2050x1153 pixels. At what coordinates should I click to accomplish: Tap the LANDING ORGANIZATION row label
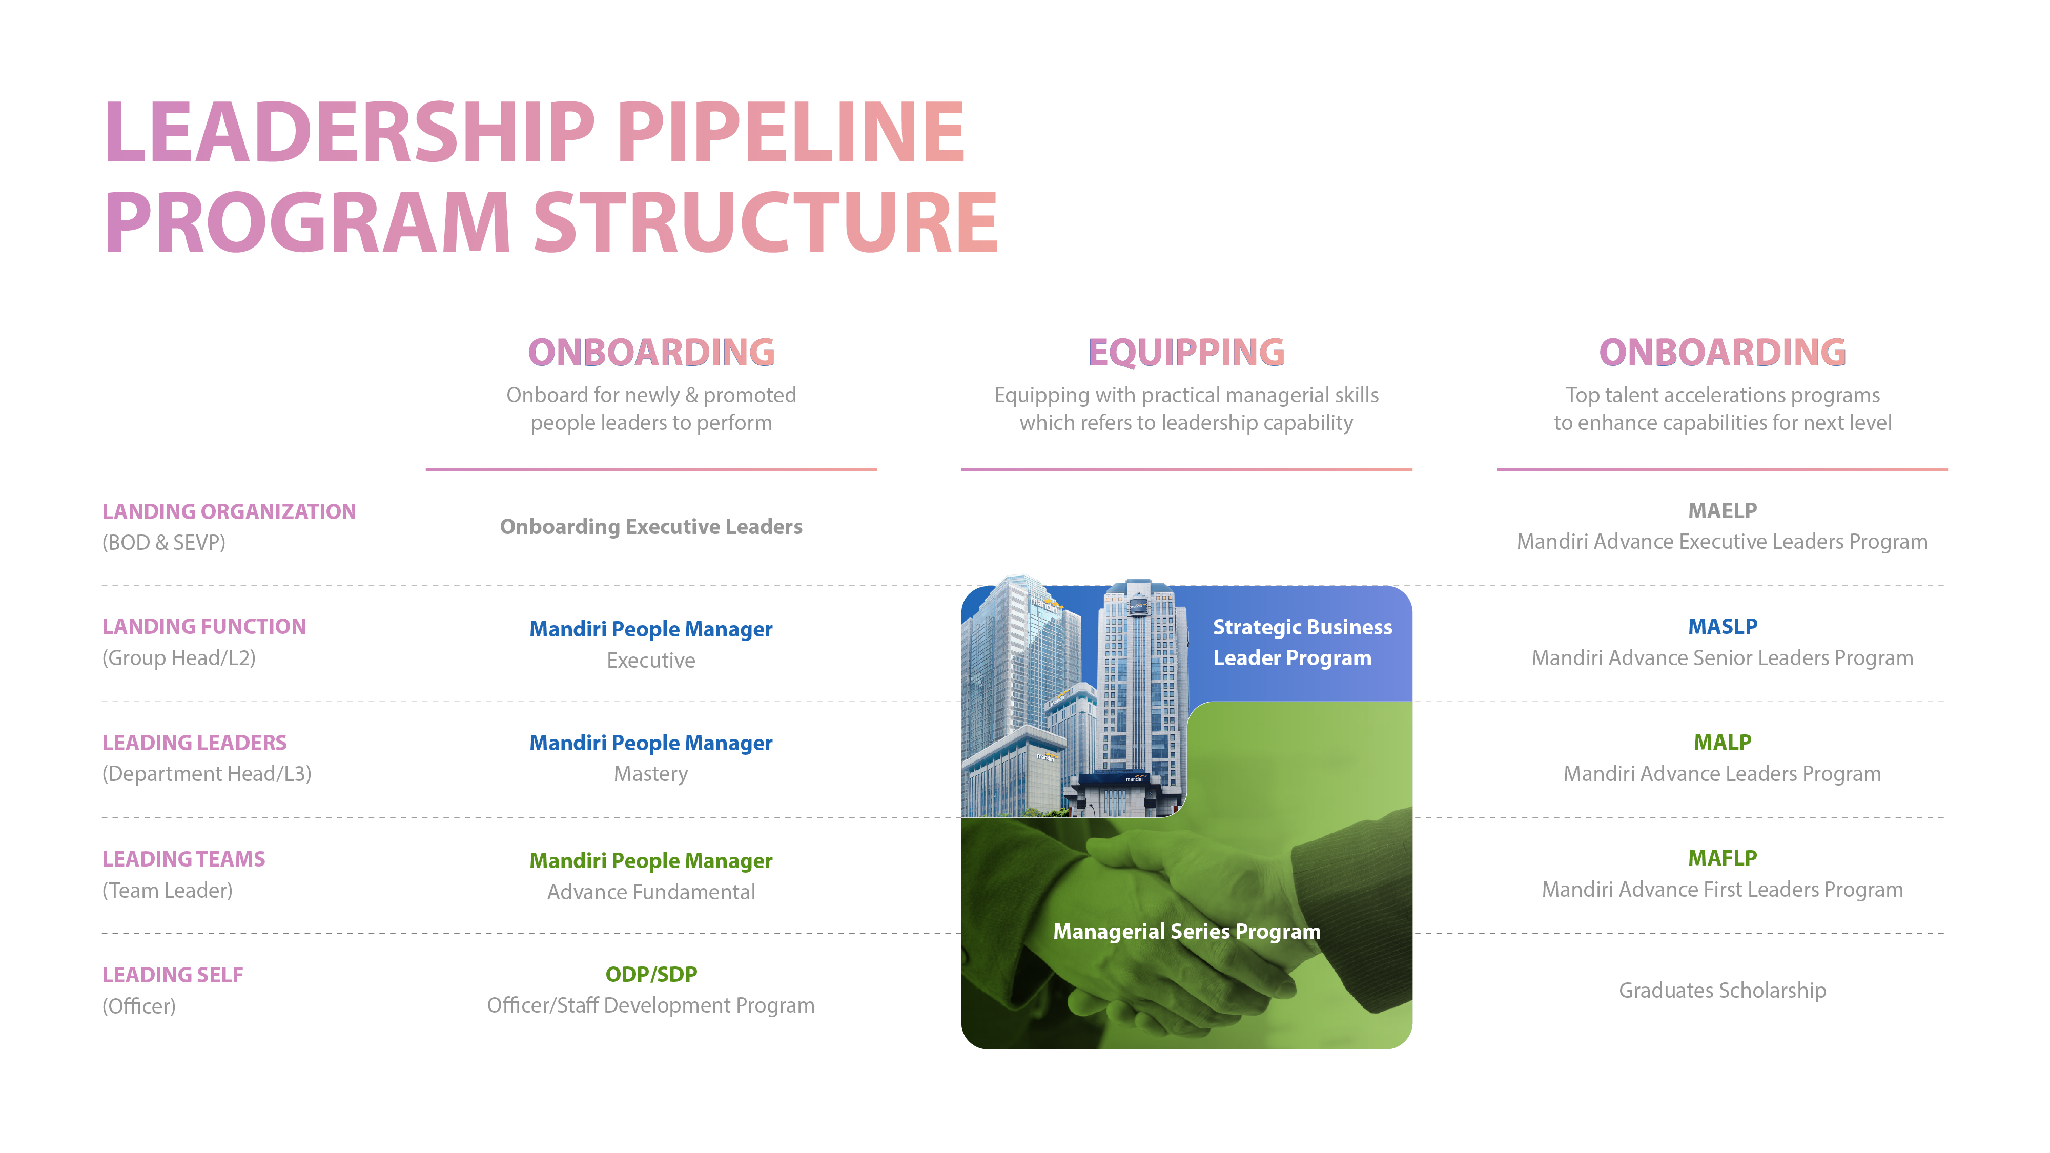pos(229,511)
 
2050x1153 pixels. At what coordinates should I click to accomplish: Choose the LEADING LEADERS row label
pos(194,743)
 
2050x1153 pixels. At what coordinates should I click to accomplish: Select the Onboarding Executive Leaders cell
pos(651,527)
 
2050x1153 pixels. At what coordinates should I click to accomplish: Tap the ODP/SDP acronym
pos(651,974)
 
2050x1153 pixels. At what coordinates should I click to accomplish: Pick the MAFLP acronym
pos(1722,858)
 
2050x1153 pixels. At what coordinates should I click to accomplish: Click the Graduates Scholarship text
pos(1722,991)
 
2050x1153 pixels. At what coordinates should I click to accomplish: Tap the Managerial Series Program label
pos(1186,932)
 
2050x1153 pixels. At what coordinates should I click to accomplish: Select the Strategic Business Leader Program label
pos(1302,642)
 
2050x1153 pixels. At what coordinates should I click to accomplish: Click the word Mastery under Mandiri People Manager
pos(651,774)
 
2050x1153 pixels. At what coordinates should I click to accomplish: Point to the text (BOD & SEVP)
pos(163,543)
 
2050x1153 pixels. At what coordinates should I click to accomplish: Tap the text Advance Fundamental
pos(651,892)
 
